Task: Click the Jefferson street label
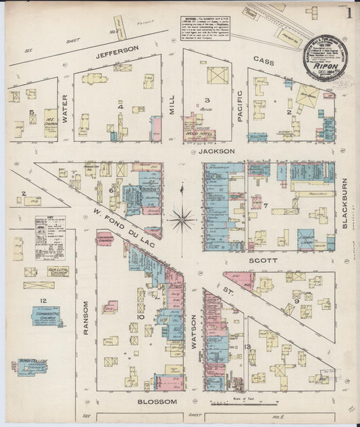tap(118, 49)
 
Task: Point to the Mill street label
tap(172, 105)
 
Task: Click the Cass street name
tap(263, 59)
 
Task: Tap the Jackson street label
tap(217, 152)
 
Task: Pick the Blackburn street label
tap(344, 203)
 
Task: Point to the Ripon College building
tap(32, 367)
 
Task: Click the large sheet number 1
tap(349, 13)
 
